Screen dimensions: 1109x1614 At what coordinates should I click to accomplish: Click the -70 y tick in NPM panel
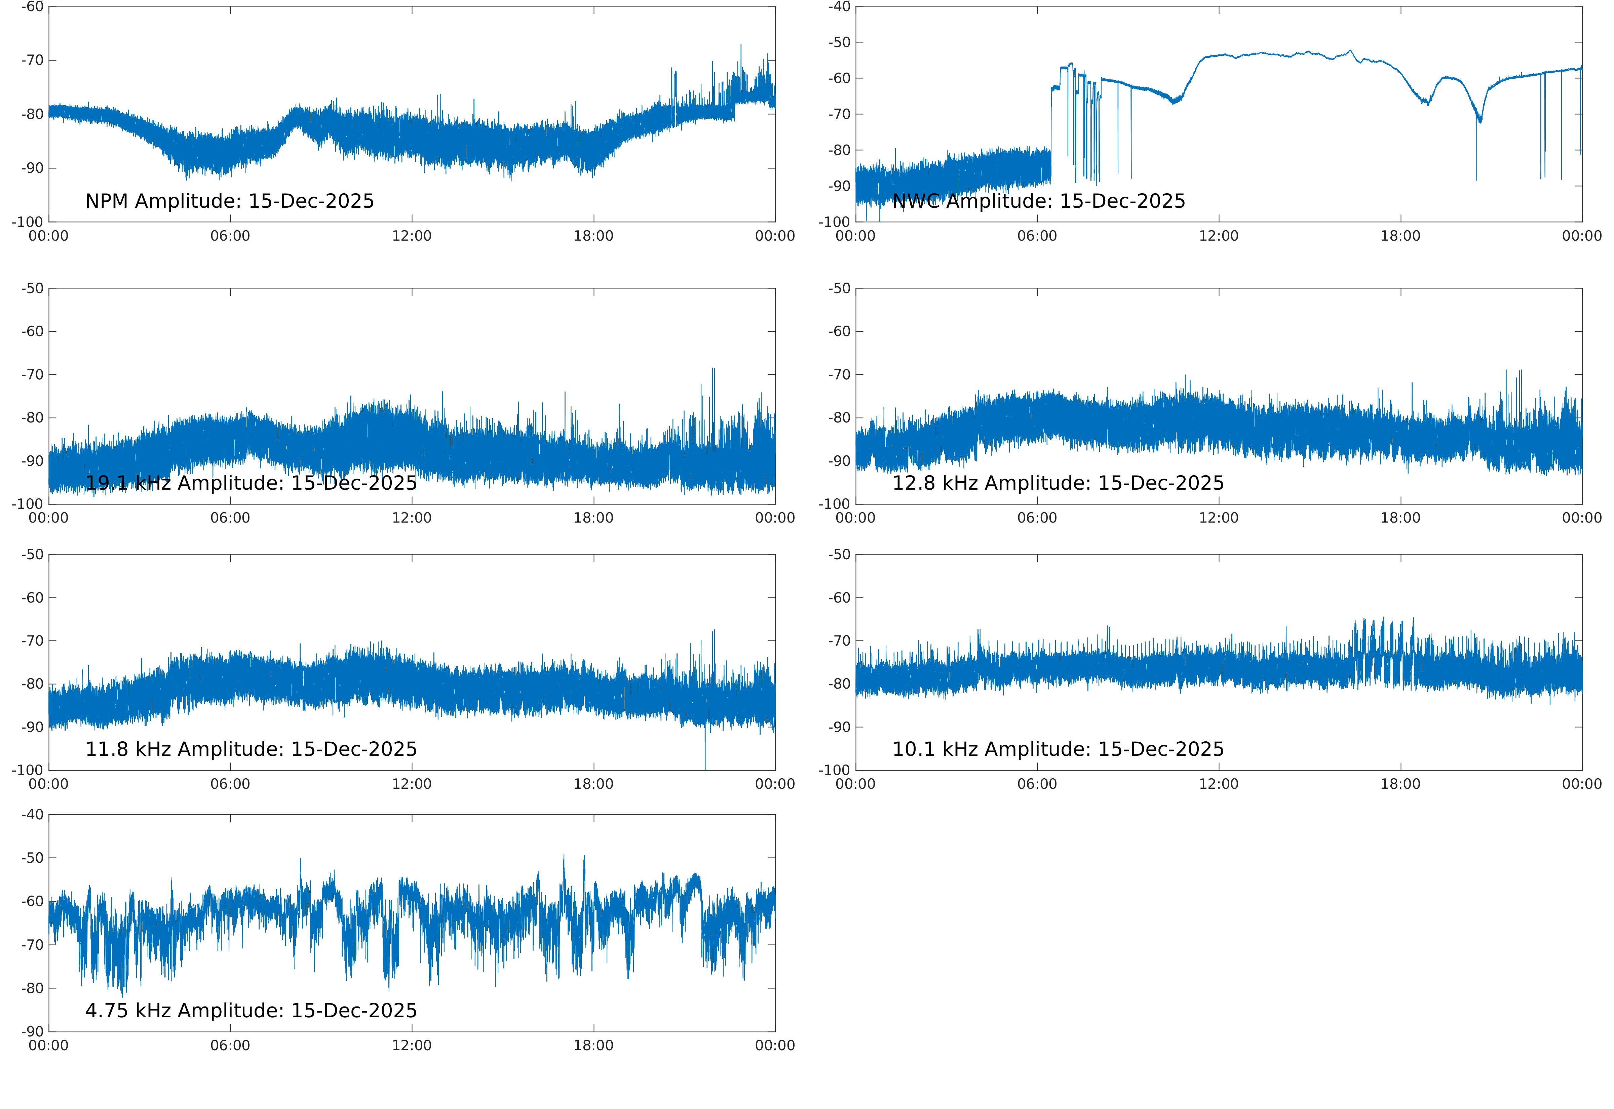(x=32, y=60)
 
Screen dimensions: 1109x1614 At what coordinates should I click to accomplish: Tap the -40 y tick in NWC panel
(x=839, y=7)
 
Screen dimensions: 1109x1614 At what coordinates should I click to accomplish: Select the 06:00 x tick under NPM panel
(x=230, y=236)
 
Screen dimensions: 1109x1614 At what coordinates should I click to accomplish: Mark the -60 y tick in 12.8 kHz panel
(x=839, y=331)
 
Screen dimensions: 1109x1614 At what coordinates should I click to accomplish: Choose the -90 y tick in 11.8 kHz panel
(x=32, y=728)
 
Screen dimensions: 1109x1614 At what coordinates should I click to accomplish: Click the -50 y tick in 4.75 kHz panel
(x=32, y=858)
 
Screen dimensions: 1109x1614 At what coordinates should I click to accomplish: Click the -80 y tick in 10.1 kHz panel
(x=839, y=685)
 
